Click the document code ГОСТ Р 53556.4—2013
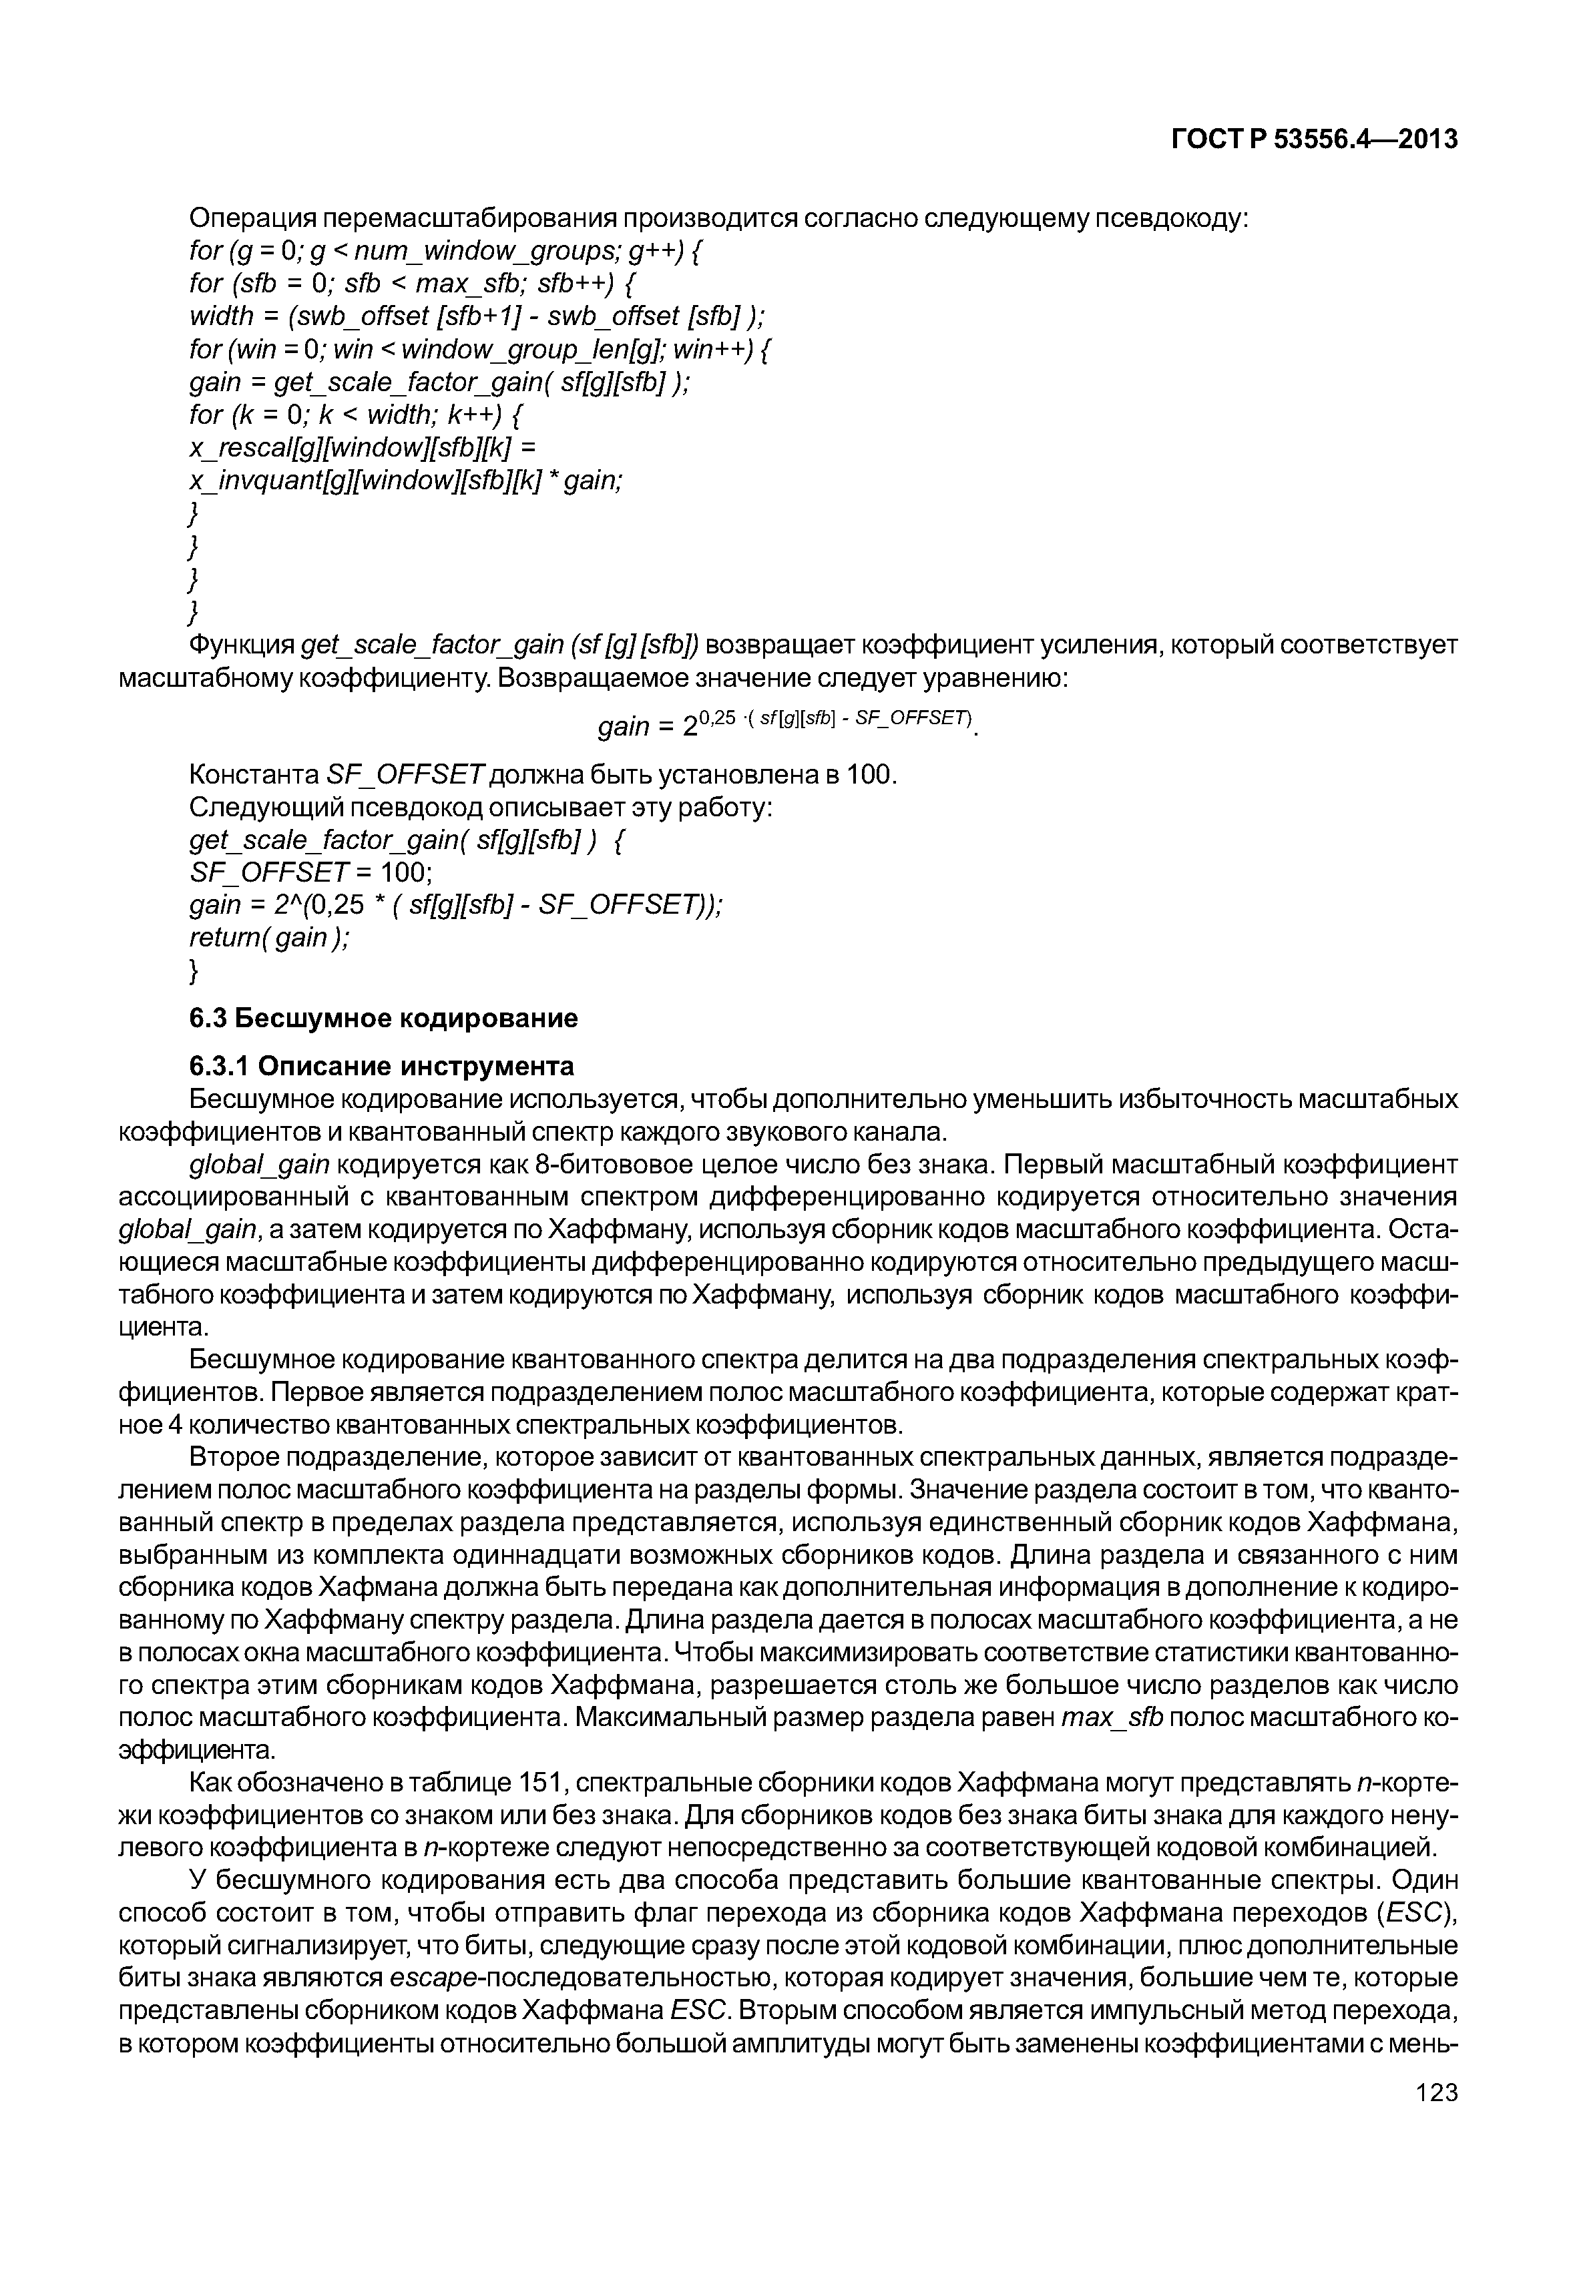coord(1313,140)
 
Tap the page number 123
coord(1435,2120)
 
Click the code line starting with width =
coord(476,316)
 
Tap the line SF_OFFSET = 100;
coord(311,872)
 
